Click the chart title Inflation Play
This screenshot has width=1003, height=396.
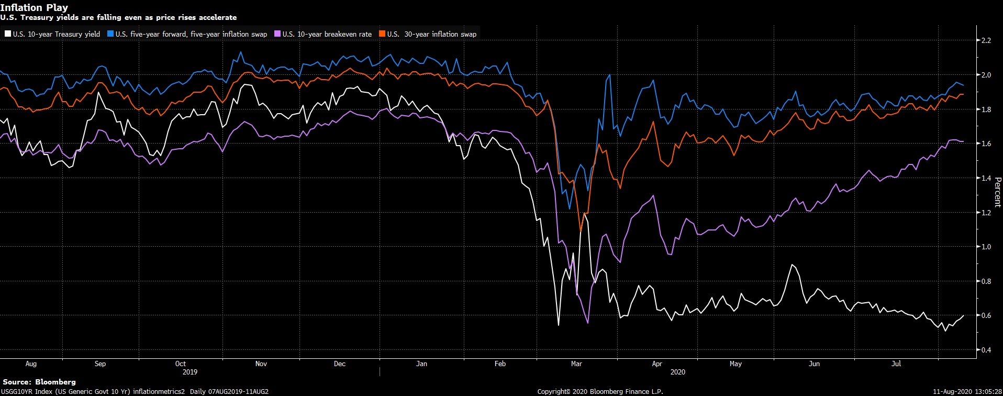click(x=34, y=8)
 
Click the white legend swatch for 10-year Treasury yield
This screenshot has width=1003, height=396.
click(x=8, y=34)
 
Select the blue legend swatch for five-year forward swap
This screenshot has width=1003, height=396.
click(x=110, y=34)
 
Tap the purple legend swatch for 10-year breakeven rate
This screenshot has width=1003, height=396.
click(x=277, y=34)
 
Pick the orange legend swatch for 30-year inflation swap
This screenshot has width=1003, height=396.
click(x=382, y=34)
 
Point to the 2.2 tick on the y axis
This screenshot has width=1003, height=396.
click(x=986, y=40)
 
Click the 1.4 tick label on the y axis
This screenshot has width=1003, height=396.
click(x=986, y=178)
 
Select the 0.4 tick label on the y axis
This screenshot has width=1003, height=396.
click(x=986, y=350)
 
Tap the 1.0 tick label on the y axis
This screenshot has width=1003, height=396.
click(x=986, y=247)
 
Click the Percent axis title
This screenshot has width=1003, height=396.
click(x=997, y=192)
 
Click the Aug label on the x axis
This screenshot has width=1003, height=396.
click(x=31, y=364)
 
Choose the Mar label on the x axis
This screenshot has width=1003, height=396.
click(x=576, y=364)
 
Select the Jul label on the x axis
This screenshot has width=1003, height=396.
click(x=896, y=364)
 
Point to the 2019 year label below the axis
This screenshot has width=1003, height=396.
click(x=190, y=372)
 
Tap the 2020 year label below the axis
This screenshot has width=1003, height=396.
click(x=677, y=372)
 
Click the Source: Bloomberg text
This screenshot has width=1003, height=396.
click(x=39, y=382)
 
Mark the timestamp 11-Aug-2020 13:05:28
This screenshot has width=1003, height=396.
click(x=967, y=391)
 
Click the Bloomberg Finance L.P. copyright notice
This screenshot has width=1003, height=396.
click(x=600, y=391)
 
